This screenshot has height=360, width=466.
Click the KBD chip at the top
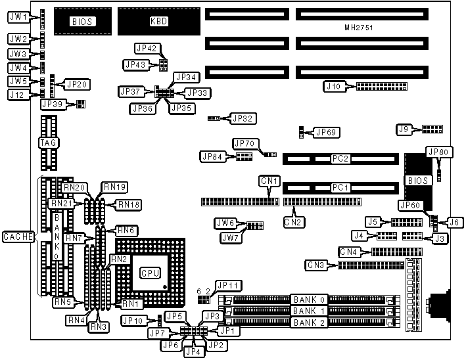click(x=158, y=21)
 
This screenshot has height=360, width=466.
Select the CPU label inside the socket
click(x=147, y=272)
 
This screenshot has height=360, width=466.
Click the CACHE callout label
click(x=18, y=236)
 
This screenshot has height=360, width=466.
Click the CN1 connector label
click(x=269, y=181)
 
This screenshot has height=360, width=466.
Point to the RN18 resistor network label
click(x=128, y=204)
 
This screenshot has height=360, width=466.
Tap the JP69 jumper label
click(x=327, y=133)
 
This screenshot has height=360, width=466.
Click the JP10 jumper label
click(x=133, y=321)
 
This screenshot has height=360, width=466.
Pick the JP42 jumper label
click(x=145, y=48)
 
